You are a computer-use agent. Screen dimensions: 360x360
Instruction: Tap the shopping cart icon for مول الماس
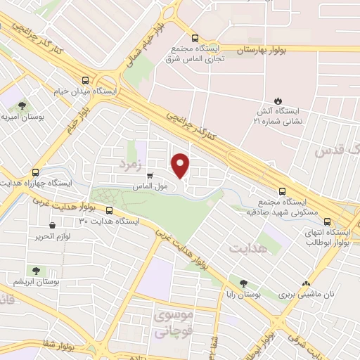(150, 176)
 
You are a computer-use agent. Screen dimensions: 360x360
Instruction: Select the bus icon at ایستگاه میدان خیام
(85, 80)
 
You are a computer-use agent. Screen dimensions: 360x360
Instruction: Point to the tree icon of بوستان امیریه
(22, 105)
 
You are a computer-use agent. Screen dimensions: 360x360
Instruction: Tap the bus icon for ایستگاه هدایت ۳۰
(109, 210)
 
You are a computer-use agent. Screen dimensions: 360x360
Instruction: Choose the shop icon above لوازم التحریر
(53, 226)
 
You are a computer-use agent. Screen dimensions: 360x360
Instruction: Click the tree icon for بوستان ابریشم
(34, 270)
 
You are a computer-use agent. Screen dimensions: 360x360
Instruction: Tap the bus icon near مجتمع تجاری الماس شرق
(195, 39)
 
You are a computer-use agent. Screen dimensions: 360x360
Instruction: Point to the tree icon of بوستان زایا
(243, 283)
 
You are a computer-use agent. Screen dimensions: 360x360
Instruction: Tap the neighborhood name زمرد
(131, 164)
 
